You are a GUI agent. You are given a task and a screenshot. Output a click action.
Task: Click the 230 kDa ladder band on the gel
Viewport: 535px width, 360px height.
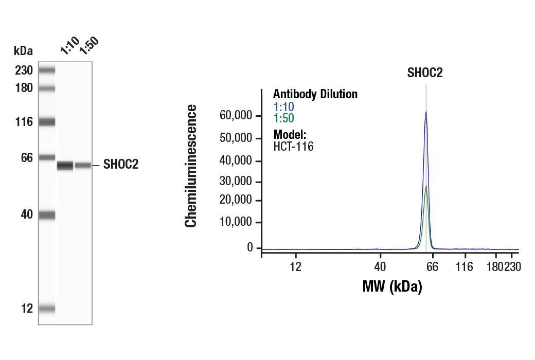click(47, 70)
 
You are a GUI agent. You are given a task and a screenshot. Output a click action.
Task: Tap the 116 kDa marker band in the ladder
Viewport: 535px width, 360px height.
click(47, 122)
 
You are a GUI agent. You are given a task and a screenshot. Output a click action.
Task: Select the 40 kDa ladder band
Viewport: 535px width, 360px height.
click(47, 215)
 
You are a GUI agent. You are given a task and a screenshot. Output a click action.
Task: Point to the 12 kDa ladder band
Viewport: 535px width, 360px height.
click(47, 309)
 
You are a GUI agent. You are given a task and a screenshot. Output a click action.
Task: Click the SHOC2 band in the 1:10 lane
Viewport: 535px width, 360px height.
click(65, 166)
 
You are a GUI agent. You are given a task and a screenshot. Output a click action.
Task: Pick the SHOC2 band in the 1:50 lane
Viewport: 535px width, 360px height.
click(83, 166)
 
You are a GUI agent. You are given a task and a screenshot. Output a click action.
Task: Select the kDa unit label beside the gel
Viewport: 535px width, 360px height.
click(23, 50)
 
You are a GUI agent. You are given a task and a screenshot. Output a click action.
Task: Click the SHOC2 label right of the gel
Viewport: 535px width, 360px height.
click(121, 165)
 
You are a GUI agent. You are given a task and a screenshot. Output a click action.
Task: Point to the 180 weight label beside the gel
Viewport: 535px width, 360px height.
click(24, 88)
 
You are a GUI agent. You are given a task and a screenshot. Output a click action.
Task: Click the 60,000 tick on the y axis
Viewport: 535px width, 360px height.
click(236, 116)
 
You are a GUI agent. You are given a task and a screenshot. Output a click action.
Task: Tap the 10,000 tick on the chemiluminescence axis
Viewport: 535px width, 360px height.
click(236, 223)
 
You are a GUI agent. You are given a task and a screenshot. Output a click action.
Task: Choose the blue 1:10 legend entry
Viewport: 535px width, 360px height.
click(283, 107)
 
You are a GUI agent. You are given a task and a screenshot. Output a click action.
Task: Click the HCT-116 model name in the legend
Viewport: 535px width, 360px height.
click(293, 147)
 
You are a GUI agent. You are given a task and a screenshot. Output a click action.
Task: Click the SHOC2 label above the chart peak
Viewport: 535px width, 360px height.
click(425, 73)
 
